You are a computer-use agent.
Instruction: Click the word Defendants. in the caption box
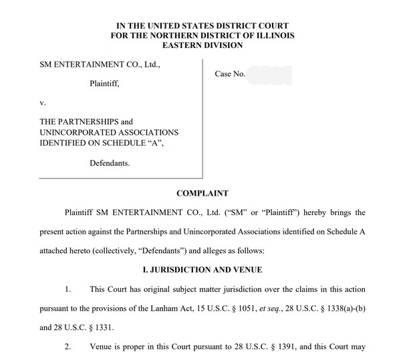[x=111, y=162]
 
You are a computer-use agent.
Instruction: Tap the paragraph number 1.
[x=68, y=291]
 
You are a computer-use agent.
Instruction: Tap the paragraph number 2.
[x=68, y=347]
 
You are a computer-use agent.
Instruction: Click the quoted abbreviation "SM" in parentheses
[x=257, y=212]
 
